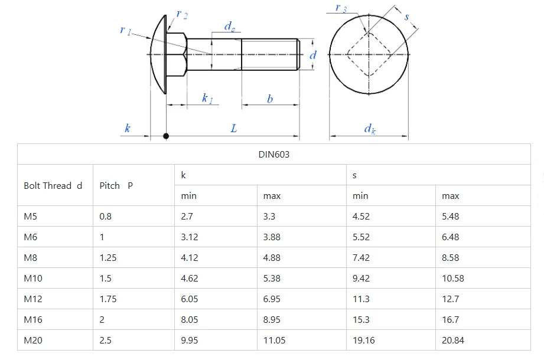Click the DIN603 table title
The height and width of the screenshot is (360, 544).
pyautogui.click(x=273, y=154)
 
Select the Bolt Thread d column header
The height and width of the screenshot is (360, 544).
pyautogui.click(x=53, y=186)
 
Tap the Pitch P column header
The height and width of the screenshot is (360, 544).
pyautogui.click(x=116, y=186)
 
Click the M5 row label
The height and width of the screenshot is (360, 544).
pyautogui.click(x=30, y=216)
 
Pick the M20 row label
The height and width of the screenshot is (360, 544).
pyautogui.click(x=33, y=341)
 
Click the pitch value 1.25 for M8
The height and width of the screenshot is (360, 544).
pyautogui.click(x=108, y=258)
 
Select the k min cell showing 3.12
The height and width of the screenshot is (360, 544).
pyautogui.click(x=190, y=237)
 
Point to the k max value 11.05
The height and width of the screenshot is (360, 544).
pyautogui.click(x=274, y=341)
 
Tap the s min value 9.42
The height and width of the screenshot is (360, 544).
pyautogui.click(x=361, y=278)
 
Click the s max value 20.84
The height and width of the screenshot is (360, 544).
pyautogui.click(x=453, y=341)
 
